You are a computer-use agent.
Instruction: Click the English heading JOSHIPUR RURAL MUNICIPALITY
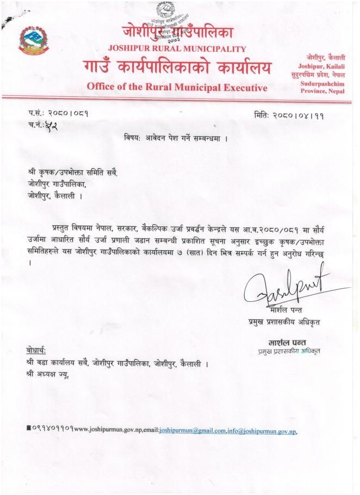coord(177,49)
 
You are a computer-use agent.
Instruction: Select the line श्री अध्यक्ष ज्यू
coord(48,374)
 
